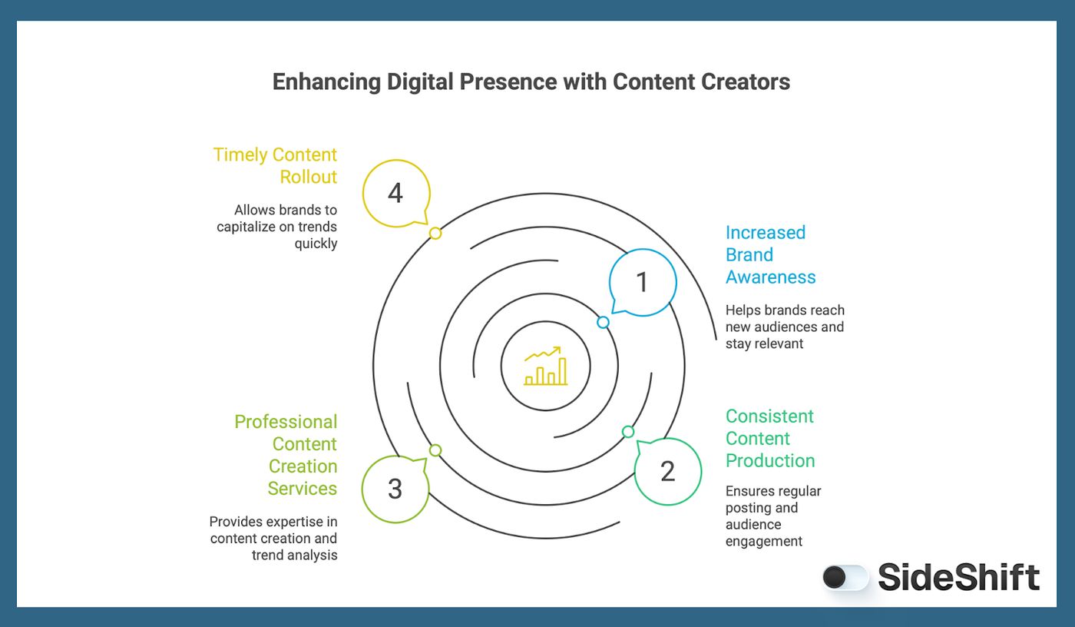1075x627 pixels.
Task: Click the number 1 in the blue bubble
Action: pos(643,283)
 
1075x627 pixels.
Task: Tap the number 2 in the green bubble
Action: pos(667,471)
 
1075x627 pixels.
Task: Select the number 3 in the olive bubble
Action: pos(395,489)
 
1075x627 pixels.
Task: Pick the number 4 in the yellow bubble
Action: pos(395,194)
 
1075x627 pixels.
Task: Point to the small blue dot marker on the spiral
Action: pos(604,323)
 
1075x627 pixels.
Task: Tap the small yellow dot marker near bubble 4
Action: pos(435,233)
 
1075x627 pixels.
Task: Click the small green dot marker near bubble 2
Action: pos(628,432)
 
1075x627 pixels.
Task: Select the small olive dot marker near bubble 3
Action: pos(435,450)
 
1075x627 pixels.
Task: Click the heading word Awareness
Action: pos(771,277)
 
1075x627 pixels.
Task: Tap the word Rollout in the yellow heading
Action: pos(309,177)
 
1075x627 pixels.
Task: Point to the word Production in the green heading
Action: pos(770,461)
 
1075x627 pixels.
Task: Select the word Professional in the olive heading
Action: pos(286,422)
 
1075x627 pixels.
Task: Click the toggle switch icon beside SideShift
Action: pos(844,578)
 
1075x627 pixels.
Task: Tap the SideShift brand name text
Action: pos(959,578)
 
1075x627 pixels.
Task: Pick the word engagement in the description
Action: pos(764,542)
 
